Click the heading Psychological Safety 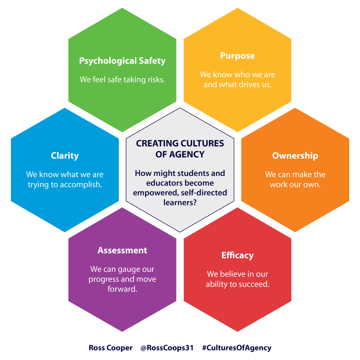point(122,61)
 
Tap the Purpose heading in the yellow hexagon point(237,56)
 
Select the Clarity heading point(65,156)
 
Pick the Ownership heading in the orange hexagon point(295,156)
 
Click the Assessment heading point(122,250)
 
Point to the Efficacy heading point(237,255)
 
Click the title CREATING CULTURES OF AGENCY point(180,149)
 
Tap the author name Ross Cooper point(110,348)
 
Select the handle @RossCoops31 point(167,348)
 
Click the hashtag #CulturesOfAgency point(237,348)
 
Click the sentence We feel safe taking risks point(122,80)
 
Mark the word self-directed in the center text point(204,193)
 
